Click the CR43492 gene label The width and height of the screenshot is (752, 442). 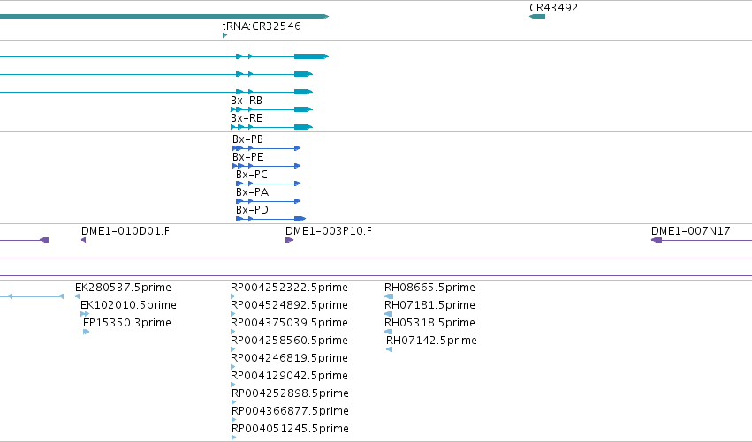553,8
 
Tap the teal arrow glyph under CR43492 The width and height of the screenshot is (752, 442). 537,17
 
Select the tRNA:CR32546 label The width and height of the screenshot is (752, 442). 262,26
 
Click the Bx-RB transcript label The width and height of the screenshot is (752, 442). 247,101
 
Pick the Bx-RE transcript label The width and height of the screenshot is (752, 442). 247,118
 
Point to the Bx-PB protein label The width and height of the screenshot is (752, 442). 247,139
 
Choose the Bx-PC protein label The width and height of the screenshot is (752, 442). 251,175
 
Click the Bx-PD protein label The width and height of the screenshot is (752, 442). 252,210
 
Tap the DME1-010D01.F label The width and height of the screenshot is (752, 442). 125,231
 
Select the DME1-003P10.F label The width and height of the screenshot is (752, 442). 329,231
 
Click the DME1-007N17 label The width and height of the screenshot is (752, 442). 691,231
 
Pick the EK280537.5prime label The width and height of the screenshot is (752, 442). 123,288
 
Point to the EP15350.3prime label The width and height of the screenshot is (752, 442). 127,323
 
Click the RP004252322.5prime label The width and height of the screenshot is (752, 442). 289,288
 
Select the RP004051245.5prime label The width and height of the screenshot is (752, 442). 290,429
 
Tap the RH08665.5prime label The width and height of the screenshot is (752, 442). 429,288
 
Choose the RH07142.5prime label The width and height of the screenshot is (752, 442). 431,341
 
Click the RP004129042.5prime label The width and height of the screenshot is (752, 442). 289,376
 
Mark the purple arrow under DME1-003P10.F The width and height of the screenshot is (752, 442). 289,240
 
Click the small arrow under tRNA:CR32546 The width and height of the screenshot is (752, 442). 225,35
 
